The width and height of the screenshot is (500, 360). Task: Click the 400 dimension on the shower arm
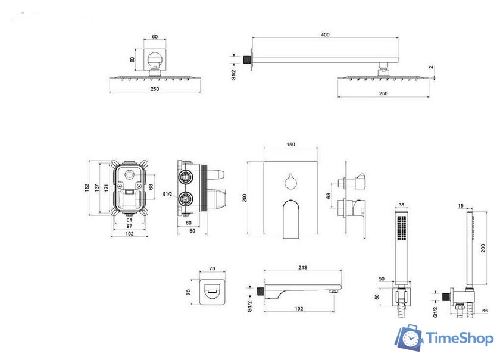click(325, 35)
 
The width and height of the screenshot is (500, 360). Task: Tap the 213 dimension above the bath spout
click(302, 268)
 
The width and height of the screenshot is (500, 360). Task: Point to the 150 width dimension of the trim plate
click(290, 145)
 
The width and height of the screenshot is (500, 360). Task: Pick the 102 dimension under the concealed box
click(129, 234)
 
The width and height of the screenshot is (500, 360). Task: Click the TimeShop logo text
click(460, 339)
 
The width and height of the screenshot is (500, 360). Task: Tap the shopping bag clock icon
click(409, 337)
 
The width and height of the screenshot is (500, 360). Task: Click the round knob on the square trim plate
click(290, 180)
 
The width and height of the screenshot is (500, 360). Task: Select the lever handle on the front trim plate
click(292, 217)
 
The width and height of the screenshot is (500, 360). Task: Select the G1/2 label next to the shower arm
click(233, 74)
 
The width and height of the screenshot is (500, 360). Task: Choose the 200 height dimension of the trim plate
click(245, 198)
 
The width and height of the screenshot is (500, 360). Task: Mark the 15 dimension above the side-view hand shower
click(461, 206)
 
